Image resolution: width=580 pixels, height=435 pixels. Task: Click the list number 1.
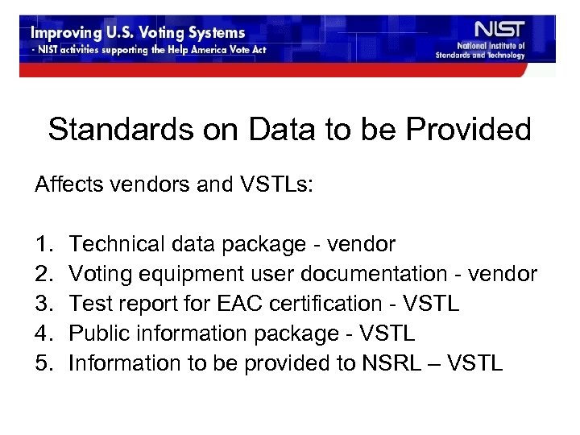[42, 244]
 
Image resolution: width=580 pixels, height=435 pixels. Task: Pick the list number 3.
[42, 304]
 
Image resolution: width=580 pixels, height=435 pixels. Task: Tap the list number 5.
[42, 363]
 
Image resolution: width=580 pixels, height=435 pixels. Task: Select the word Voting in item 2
[95, 274]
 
